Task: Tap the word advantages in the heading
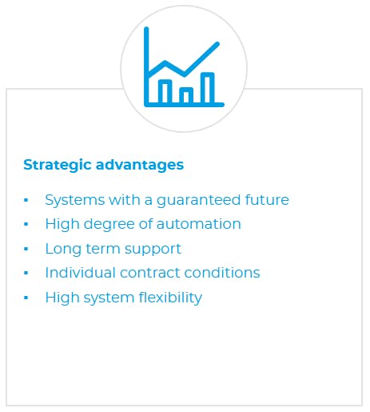[140, 166]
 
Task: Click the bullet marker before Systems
[26, 200]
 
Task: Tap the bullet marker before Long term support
[26, 249]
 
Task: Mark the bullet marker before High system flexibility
[26, 298]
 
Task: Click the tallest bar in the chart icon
[207, 88]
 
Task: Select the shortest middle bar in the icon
[186, 96]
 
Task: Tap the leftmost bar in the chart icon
[165, 92]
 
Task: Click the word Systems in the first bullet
[72, 200]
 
